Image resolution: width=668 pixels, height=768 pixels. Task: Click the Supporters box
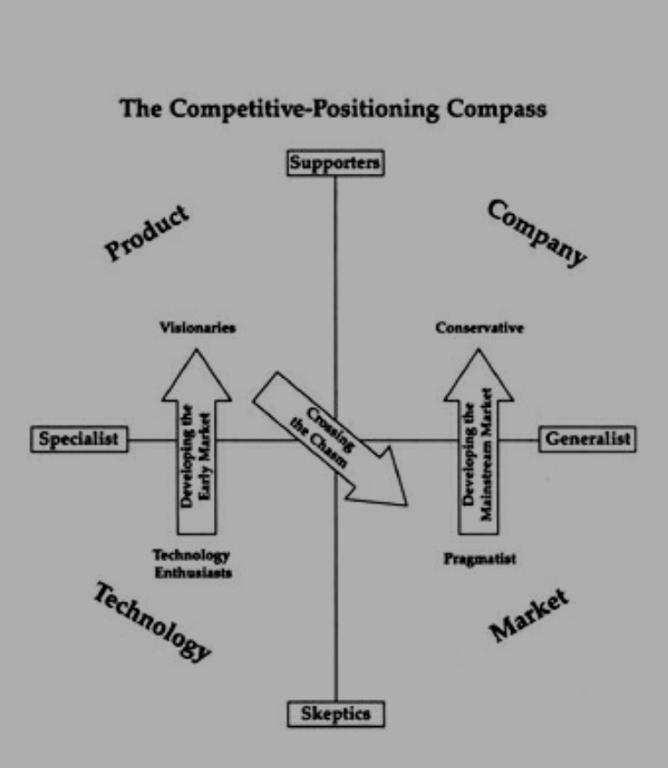pyautogui.click(x=335, y=163)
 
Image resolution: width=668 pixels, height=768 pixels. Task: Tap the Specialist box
pyautogui.click(x=79, y=439)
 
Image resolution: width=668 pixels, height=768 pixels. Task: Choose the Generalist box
pyautogui.click(x=587, y=439)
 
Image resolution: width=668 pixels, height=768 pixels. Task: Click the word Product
pyautogui.click(x=148, y=233)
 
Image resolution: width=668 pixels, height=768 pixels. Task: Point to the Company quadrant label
pyautogui.click(x=536, y=233)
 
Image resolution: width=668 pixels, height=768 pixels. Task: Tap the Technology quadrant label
pyautogui.click(x=152, y=621)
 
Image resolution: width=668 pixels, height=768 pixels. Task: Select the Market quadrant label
pyautogui.click(x=529, y=616)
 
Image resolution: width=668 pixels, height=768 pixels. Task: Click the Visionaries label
pyautogui.click(x=198, y=328)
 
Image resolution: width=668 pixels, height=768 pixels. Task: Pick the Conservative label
pyautogui.click(x=479, y=328)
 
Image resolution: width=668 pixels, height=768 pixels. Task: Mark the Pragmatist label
pyautogui.click(x=480, y=560)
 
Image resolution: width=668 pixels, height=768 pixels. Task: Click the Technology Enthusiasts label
pyautogui.click(x=191, y=563)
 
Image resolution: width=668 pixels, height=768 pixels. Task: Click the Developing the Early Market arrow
pyautogui.click(x=198, y=454)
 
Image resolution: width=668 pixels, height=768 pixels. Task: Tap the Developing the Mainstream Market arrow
pyautogui.click(x=480, y=454)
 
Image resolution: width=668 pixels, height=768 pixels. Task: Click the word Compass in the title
pyautogui.click(x=493, y=110)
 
